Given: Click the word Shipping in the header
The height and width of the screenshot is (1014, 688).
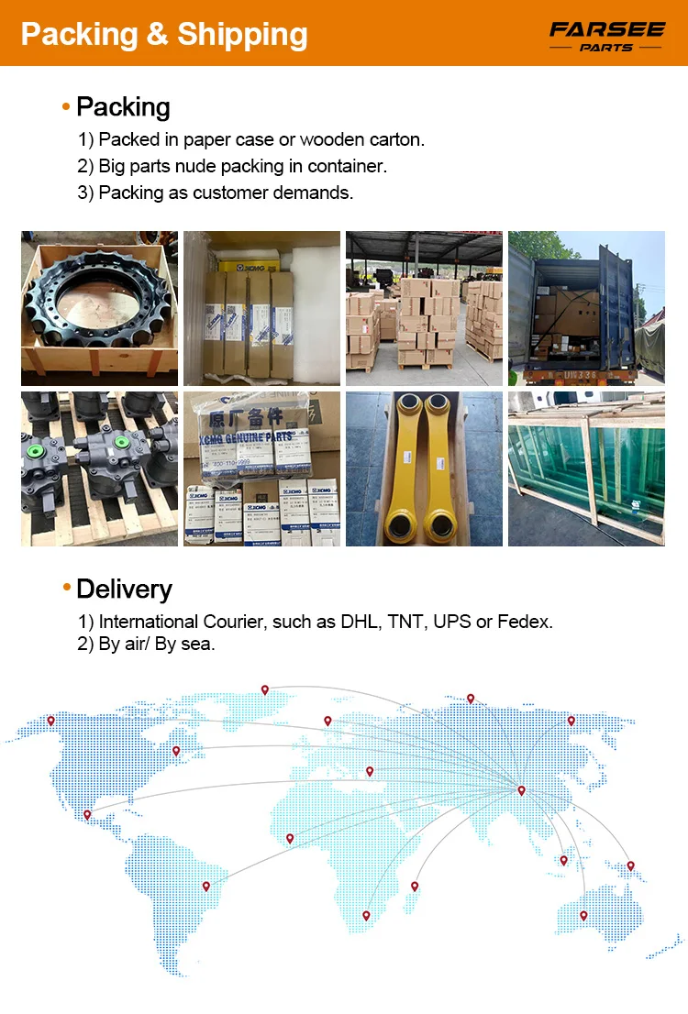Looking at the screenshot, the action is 242,34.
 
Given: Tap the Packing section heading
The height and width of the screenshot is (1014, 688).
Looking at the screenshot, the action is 123,107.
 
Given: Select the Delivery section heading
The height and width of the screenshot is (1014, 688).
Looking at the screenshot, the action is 124,589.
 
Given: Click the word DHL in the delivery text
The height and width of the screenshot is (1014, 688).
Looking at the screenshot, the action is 360,622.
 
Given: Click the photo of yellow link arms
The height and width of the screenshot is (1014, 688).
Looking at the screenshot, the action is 424,468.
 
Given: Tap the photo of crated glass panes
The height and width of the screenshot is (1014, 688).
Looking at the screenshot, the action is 586,468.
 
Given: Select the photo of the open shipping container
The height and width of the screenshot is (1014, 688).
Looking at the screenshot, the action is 586,307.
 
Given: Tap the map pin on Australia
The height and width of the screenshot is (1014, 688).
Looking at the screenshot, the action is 583,914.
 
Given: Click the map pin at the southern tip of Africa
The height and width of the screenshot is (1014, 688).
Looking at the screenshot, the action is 366,914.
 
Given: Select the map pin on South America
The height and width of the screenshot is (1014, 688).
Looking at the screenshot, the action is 206,886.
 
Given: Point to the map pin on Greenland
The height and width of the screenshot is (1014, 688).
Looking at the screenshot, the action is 264,689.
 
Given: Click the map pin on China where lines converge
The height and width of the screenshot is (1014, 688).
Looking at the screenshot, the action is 521,789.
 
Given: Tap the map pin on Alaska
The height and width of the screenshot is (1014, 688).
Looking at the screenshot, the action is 50,721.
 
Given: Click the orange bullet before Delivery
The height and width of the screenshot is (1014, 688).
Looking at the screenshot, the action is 66,588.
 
